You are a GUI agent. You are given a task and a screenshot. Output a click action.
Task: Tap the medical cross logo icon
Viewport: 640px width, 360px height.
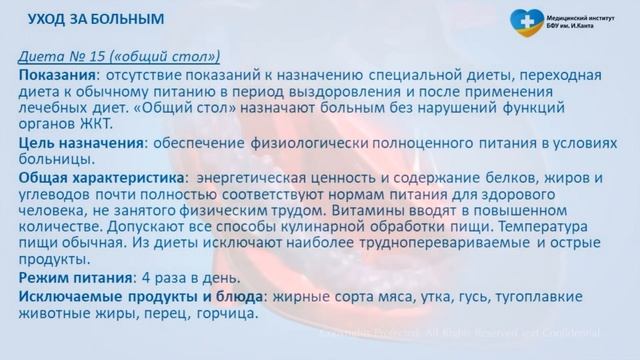coord(527,20)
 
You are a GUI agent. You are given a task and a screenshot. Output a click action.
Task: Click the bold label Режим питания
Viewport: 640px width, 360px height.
coord(75,277)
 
